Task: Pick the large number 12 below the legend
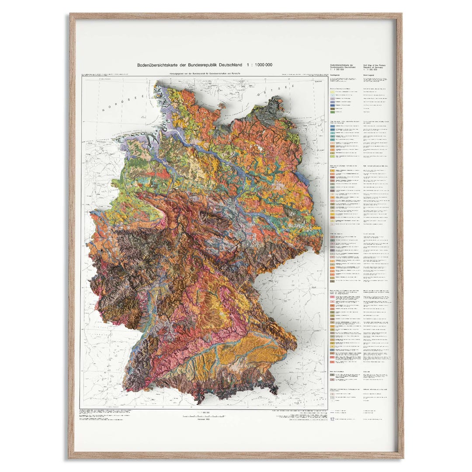[x=332, y=419]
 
